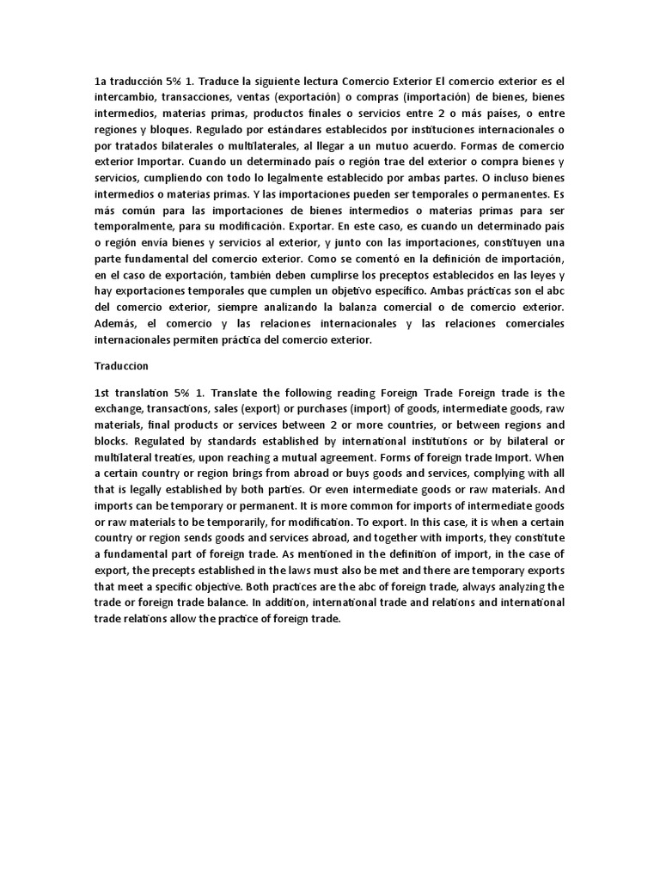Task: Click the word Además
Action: pyautogui.click(x=115, y=323)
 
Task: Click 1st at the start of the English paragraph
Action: pyautogui.click(x=103, y=391)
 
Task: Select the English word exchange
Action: pyautogui.click(x=119, y=407)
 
